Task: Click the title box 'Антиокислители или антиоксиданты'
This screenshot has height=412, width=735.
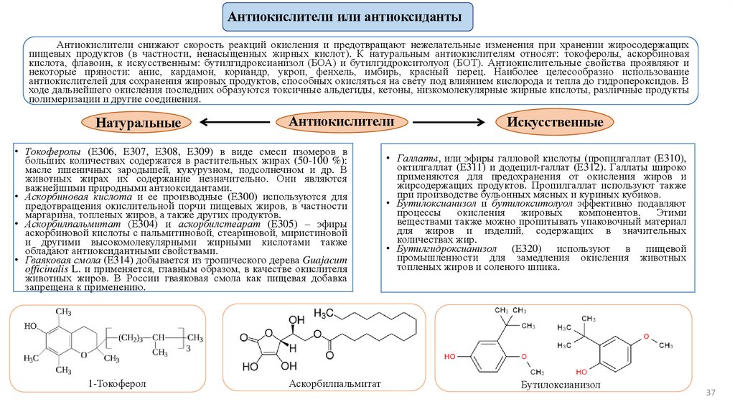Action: pos(347,16)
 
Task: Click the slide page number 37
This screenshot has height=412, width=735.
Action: pos(712,393)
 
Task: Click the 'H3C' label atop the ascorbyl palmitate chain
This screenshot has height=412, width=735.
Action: pos(327,315)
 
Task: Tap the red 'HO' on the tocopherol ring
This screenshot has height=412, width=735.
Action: pos(32,325)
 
